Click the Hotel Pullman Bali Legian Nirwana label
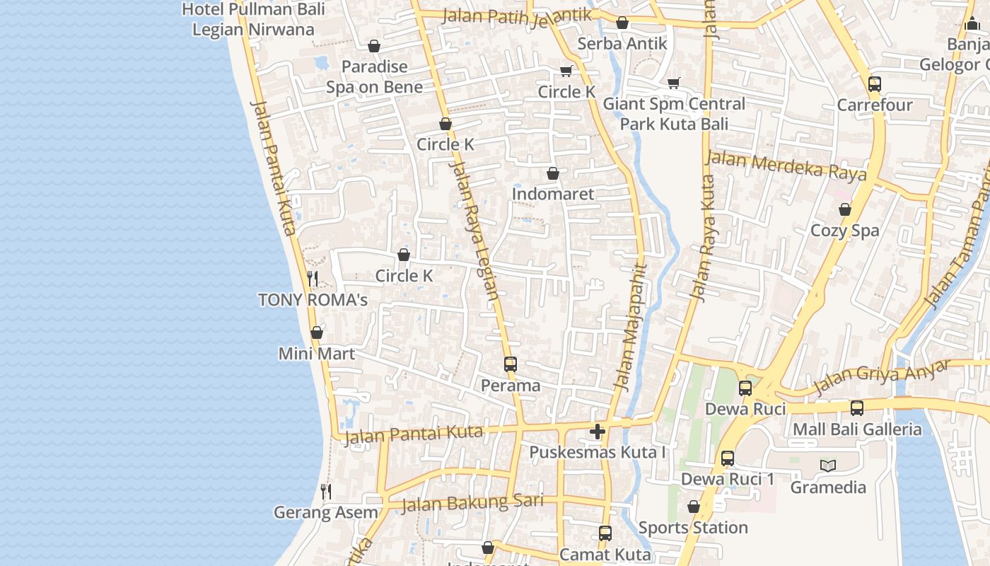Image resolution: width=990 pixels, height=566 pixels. [253, 20]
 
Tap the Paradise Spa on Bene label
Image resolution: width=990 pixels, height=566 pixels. [374, 76]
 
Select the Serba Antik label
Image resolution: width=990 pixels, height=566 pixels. [622, 44]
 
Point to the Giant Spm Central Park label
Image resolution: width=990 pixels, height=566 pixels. [674, 114]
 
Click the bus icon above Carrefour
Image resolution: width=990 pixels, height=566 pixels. [875, 84]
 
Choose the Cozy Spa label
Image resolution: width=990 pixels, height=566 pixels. [845, 231]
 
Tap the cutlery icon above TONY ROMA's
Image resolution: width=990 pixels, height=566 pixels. [313, 279]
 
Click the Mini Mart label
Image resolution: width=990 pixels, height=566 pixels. [317, 354]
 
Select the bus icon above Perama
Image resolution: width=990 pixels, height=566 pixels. [511, 364]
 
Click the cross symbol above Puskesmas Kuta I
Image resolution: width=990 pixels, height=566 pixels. [598, 431]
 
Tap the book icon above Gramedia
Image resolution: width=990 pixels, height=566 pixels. [828, 466]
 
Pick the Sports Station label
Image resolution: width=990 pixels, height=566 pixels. [693, 528]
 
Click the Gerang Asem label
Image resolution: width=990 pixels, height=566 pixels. [326, 512]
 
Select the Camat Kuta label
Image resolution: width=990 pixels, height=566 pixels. [605, 554]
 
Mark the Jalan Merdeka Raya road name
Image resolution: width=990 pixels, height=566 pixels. [786, 166]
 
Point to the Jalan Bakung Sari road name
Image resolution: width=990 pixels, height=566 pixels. [472, 503]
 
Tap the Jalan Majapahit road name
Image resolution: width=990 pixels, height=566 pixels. [631, 327]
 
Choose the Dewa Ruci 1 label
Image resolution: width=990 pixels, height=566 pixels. [728, 480]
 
